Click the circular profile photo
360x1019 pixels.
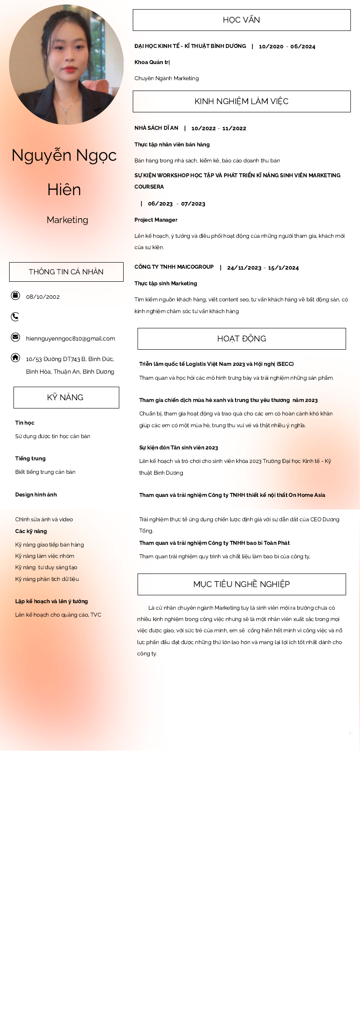tap(66, 64)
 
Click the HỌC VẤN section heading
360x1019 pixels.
tap(242, 20)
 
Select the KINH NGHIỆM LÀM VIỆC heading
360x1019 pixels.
tap(242, 101)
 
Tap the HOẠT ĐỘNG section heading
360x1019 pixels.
tap(242, 339)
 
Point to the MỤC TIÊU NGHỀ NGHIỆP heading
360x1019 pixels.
tap(242, 584)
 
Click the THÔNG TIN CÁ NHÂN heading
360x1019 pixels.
tap(66, 272)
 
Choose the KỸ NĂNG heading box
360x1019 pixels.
tap(66, 398)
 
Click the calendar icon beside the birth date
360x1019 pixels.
tap(15, 296)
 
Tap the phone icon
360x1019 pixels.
tap(15, 317)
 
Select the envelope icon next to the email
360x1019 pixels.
tap(15, 337)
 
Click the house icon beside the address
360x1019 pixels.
tap(15, 358)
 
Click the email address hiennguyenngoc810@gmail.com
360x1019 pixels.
tap(71, 339)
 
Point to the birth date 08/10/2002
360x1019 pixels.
tap(43, 297)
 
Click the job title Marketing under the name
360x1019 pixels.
tap(67, 220)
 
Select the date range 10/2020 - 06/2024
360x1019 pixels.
tap(287, 47)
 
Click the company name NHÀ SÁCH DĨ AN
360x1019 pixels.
tap(156, 128)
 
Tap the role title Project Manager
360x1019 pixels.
tap(156, 220)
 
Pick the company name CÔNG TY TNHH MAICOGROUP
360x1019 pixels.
tap(174, 267)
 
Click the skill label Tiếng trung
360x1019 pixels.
tap(30, 459)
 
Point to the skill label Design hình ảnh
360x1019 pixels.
tap(36, 495)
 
